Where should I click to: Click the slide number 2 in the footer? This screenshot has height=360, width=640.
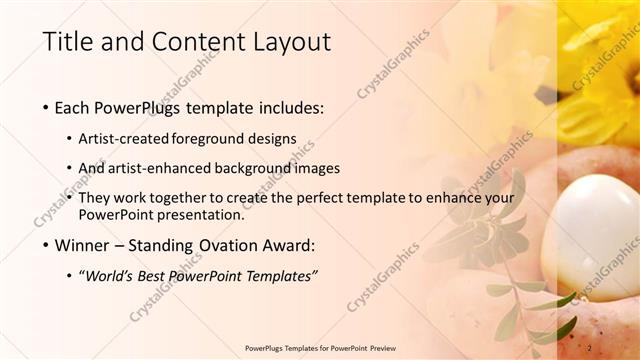pos(590,348)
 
